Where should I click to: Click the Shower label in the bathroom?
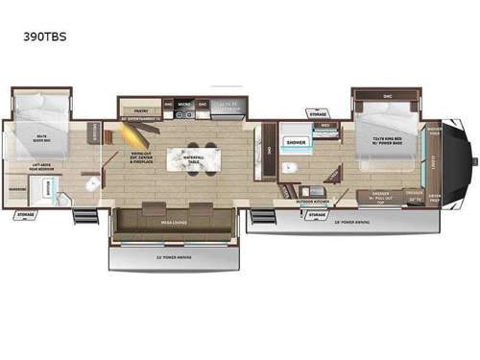(294, 141)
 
